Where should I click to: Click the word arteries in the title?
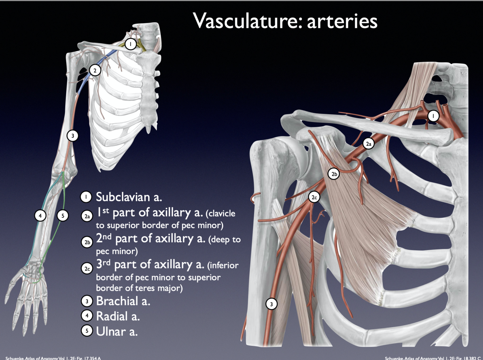coord(342,21)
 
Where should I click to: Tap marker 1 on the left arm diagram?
coord(130,44)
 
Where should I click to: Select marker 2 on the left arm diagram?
coord(95,70)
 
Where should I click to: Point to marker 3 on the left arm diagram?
coord(72,136)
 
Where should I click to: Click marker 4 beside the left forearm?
coord(40,215)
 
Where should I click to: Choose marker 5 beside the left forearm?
coord(63,215)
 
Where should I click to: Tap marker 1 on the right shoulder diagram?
coord(433,116)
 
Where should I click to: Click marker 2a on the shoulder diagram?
coord(369,144)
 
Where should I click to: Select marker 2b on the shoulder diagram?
coord(334,174)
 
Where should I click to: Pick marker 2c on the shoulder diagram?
coord(314,197)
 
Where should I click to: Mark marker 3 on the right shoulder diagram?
coord(272,304)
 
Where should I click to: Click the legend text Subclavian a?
coord(129,197)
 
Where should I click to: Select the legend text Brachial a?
coord(123,301)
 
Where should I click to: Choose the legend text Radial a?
coord(118,316)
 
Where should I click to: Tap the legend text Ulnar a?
coord(117,331)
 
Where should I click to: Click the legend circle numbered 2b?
coord(87,242)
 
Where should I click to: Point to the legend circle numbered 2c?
coord(87,269)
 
